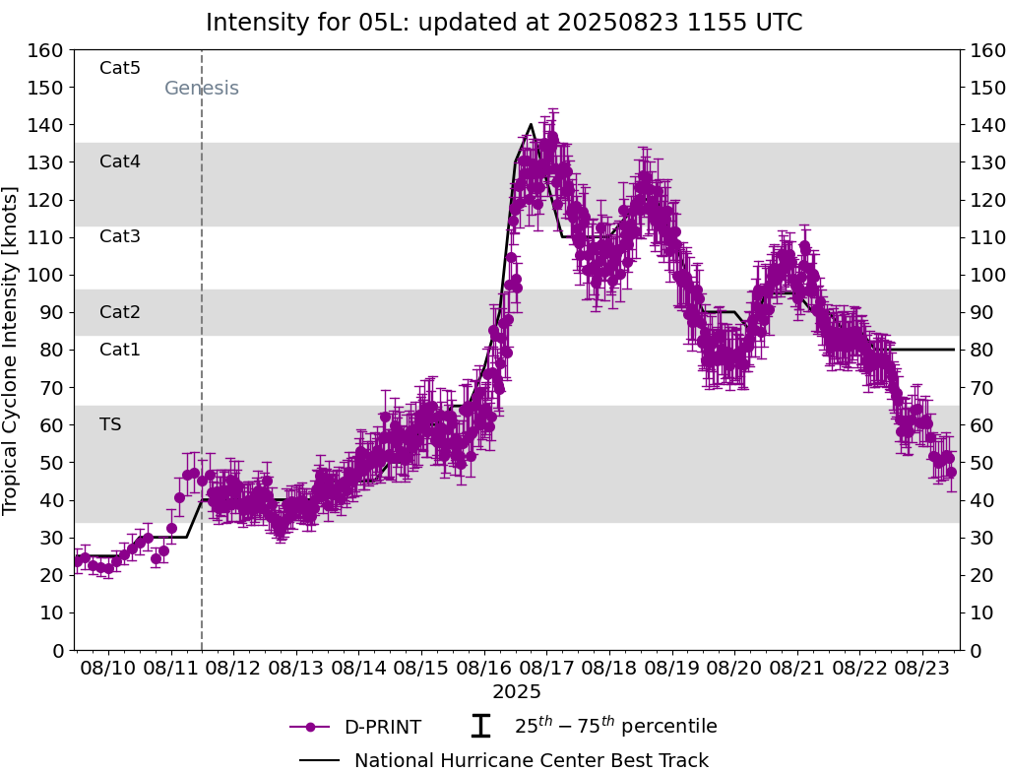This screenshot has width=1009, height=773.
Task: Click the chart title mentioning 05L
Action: [x=504, y=23]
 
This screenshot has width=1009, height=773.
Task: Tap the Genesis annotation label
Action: [x=201, y=89]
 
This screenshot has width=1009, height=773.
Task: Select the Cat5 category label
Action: [x=120, y=68]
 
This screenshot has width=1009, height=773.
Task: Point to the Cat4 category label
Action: [x=120, y=161]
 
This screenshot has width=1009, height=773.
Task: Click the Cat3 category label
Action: [x=120, y=236]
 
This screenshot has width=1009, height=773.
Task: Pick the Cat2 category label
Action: [x=120, y=312]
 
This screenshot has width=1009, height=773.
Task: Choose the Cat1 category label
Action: [x=120, y=350]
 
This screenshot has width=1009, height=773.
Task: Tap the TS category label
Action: [x=110, y=424]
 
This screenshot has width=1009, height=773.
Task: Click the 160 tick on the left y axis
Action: [x=47, y=50]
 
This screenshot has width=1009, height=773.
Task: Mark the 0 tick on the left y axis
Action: [x=58, y=650]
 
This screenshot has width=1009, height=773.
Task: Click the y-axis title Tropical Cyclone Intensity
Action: [x=12, y=350]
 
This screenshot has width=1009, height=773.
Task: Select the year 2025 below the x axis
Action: [x=517, y=692]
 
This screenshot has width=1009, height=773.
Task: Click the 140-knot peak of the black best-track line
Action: [x=531, y=124]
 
